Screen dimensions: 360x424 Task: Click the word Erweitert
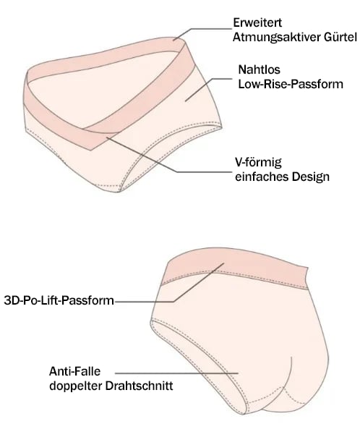pos(257,22)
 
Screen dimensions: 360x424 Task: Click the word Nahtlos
pos(259,69)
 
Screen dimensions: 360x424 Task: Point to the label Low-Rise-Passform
pos(291,84)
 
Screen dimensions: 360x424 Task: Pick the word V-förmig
pos(258,163)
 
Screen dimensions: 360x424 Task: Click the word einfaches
pos(262,177)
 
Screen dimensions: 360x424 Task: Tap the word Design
pos(311,177)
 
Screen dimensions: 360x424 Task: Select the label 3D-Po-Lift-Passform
pos(59,300)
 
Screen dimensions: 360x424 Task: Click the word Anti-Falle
pos(74,371)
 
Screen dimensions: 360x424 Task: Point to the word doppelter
pos(75,386)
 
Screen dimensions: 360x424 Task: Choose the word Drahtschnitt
pos(139,386)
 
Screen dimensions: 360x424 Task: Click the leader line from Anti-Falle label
pos(176,373)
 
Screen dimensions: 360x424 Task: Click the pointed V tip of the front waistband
pos(90,150)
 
